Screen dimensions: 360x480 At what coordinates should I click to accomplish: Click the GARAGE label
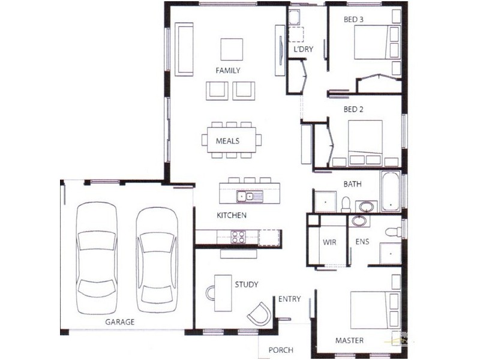click(120, 322)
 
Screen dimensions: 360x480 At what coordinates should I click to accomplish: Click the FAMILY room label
click(228, 70)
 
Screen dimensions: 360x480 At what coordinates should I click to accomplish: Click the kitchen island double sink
click(246, 196)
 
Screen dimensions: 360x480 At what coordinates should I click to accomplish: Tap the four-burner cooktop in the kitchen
click(238, 236)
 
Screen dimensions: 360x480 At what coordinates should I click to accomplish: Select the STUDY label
click(246, 284)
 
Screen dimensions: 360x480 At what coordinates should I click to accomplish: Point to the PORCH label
click(280, 350)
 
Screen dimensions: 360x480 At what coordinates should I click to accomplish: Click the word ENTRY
click(290, 299)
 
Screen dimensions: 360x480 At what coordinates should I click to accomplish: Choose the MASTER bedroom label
click(349, 341)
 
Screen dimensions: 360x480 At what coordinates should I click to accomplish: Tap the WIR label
click(329, 243)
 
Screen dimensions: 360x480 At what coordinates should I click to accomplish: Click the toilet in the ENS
click(392, 232)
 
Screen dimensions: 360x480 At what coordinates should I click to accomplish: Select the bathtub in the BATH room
click(390, 192)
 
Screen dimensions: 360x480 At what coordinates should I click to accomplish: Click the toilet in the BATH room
click(346, 203)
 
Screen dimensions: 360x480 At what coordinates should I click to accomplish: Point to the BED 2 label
click(354, 110)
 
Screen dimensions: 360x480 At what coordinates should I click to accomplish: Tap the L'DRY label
click(304, 50)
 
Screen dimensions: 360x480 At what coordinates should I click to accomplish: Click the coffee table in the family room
click(232, 49)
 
